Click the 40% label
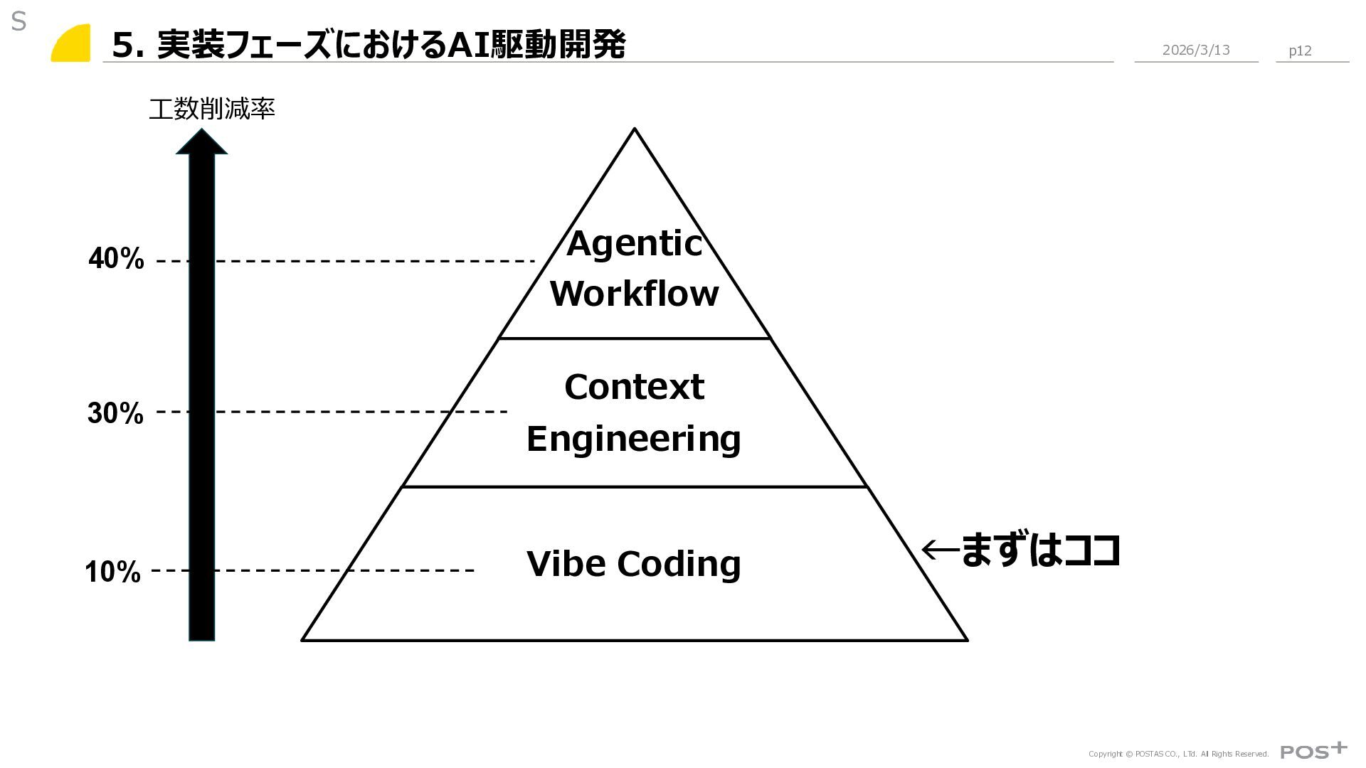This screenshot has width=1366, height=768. pyautogui.click(x=116, y=259)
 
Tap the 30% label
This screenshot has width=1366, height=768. pyautogui.click(x=115, y=413)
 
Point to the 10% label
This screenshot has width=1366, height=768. pyautogui.click(x=112, y=572)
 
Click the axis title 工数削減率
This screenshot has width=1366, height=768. pyautogui.click(x=211, y=109)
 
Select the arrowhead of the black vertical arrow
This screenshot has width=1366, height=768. pyautogui.click(x=201, y=142)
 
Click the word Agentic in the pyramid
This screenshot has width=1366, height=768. pyautogui.click(x=634, y=244)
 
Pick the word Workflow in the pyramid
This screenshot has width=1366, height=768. pyautogui.click(x=634, y=294)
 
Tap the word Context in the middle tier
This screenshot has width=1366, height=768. pyautogui.click(x=634, y=388)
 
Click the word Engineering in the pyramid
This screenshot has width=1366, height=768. pyautogui.click(x=633, y=439)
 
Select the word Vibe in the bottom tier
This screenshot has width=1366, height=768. pyautogui.click(x=566, y=563)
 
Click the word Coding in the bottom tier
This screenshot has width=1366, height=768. pyautogui.click(x=679, y=564)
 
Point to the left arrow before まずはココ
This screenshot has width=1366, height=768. pyautogui.click(x=939, y=549)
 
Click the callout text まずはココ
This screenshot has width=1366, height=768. pyautogui.click(x=1041, y=550)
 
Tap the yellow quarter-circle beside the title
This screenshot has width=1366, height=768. pyautogui.click(x=72, y=44)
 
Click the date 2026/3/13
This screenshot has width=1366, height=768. pyautogui.click(x=1195, y=50)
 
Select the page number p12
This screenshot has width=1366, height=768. pyautogui.click(x=1300, y=50)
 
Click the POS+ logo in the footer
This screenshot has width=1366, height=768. pyautogui.click(x=1313, y=751)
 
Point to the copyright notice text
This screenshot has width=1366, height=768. pyautogui.click(x=1178, y=754)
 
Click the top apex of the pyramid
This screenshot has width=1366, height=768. pyautogui.click(x=635, y=130)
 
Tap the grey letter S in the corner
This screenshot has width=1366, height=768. pyautogui.click(x=18, y=22)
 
